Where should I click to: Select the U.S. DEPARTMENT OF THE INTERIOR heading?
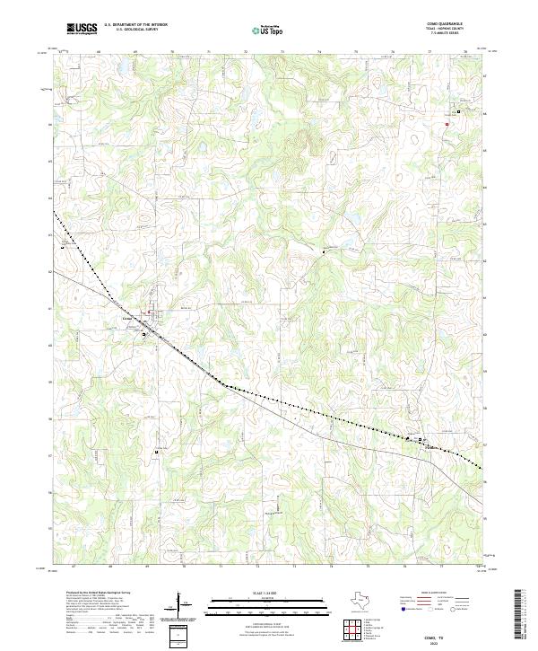coord(135,25)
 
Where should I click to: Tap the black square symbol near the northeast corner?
coord(458,111)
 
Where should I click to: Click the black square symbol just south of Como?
coord(143,334)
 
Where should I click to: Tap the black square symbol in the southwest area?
coord(156,452)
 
